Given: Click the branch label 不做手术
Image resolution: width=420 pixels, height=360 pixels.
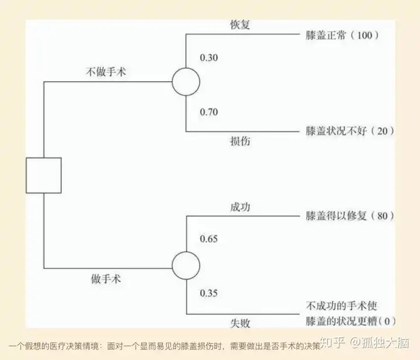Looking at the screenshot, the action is pyautogui.click(x=106, y=72).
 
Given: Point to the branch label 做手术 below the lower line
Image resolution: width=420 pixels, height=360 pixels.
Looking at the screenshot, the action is pyautogui.click(x=106, y=279).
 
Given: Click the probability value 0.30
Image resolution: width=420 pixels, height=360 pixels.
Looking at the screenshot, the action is pyautogui.click(x=209, y=58).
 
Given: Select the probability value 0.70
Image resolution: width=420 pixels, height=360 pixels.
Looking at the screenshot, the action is pyautogui.click(x=209, y=112).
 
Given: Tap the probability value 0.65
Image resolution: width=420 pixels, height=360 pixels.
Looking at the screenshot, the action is pyautogui.click(x=209, y=239).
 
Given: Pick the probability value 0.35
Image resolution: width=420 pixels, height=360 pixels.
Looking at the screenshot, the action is pyautogui.click(x=209, y=293).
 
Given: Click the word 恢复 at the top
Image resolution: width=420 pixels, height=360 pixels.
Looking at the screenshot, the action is pyautogui.click(x=240, y=25).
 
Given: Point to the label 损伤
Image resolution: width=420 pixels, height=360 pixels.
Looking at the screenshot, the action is pyautogui.click(x=240, y=141).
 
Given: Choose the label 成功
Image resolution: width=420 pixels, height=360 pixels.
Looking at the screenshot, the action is pyautogui.click(x=240, y=207).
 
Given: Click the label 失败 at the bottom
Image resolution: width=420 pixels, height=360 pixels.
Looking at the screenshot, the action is pyautogui.click(x=240, y=323).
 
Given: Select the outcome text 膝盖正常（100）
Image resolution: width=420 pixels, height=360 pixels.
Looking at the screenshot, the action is pyautogui.click(x=342, y=35).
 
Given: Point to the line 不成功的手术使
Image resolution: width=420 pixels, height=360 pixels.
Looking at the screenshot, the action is pyautogui.click(x=341, y=306).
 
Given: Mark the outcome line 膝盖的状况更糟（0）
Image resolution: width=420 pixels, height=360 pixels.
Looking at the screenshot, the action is pyautogui.click(x=351, y=321).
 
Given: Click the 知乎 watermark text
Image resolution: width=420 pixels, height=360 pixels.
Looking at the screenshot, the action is pyautogui.click(x=332, y=342).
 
